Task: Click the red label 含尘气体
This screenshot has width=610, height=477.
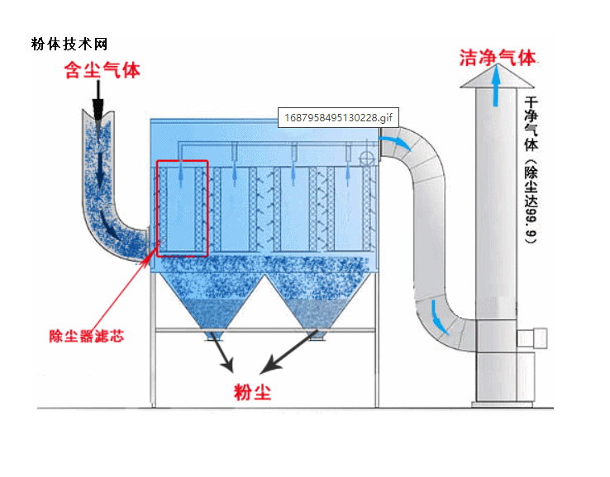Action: pos(102,70)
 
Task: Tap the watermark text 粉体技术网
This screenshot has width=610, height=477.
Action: pos(69,44)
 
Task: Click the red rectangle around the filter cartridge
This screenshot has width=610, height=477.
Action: pos(182,208)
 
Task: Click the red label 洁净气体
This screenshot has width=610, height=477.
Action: pos(498,58)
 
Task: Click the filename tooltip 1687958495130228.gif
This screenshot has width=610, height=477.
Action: pos(336,117)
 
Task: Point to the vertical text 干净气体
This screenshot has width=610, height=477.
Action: pos(531,124)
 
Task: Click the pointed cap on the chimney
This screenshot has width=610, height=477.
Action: pos(496,79)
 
